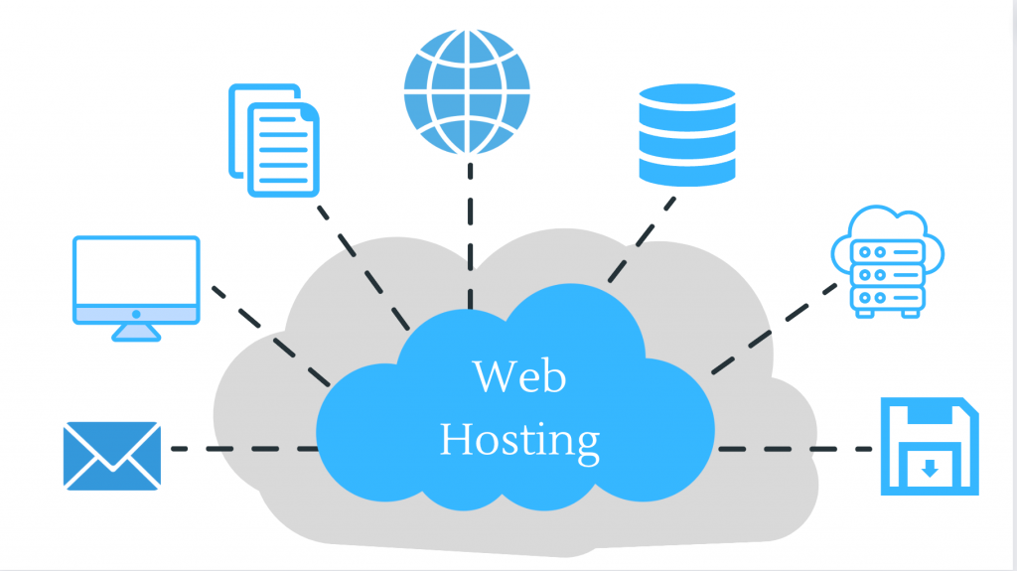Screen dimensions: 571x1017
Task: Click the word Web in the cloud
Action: click(x=517, y=377)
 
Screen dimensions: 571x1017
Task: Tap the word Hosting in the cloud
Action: click(x=518, y=438)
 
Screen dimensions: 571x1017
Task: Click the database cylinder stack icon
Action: click(x=687, y=134)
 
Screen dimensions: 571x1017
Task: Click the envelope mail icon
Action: click(x=111, y=455)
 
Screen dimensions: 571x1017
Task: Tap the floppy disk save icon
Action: click(x=929, y=447)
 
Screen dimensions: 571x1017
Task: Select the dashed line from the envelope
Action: click(x=243, y=449)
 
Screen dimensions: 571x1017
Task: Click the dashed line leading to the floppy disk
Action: click(x=795, y=449)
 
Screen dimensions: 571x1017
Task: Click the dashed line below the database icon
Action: click(x=642, y=238)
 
